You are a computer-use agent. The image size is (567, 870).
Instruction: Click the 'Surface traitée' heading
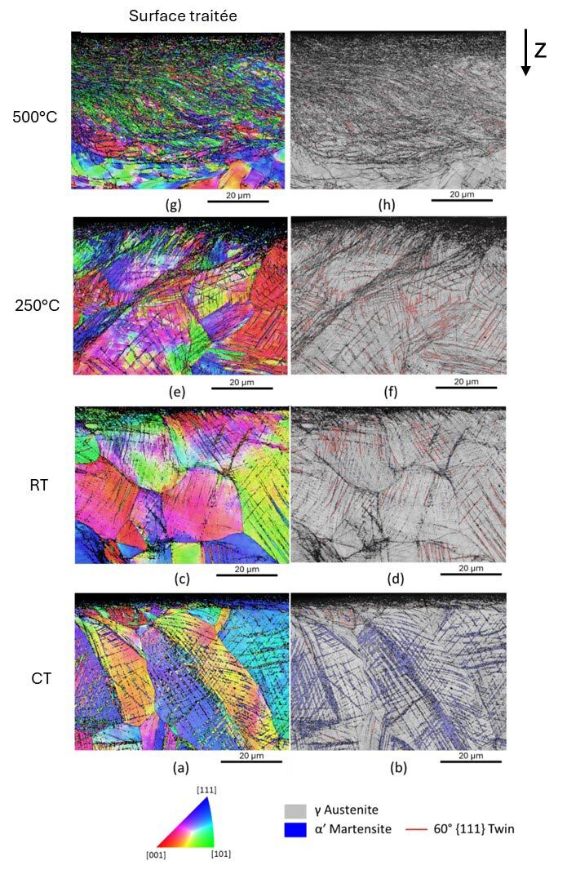coord(182,15)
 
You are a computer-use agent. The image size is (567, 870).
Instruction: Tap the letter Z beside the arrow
coord(540,51)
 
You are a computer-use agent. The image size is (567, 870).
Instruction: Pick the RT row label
coord(38,485)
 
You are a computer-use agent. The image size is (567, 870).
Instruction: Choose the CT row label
coord(38,677)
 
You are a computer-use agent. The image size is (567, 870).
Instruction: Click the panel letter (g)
coord(172,205)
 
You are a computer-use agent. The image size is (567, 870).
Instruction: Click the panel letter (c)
coord(181,579)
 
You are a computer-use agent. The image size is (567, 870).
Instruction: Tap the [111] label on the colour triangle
coord(205,789)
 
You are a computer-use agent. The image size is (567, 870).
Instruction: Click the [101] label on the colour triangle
coord(221,854)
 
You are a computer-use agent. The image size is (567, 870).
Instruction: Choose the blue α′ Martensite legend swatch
coord(294,830)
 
